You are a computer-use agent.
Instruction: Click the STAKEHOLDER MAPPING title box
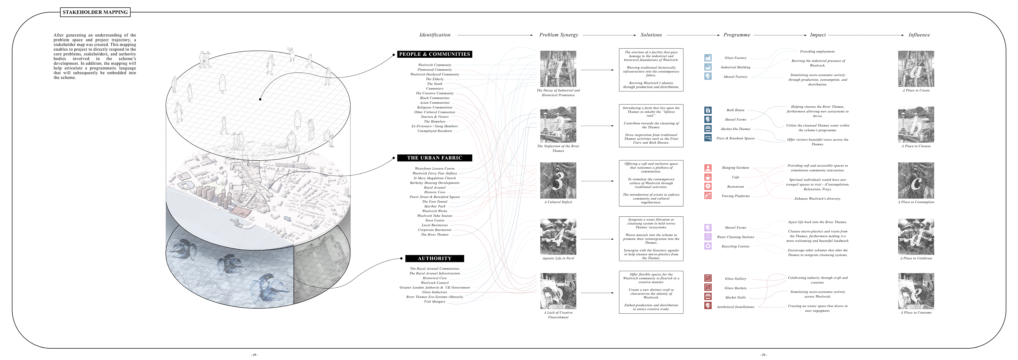95,12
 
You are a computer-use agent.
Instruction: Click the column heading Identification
435,35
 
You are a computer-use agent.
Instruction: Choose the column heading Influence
919,35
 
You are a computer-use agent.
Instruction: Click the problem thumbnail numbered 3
558,181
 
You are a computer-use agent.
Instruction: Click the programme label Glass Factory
735,58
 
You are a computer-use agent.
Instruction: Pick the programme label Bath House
735,110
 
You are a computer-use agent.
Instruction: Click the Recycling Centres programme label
735,247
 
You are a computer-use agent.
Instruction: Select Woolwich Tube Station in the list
435,216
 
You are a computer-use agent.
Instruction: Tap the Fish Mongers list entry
435,301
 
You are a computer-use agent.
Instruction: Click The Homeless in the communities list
435,122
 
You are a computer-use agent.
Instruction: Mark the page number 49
254,355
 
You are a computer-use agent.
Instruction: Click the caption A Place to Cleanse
916,146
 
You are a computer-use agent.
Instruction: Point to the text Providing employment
817,52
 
